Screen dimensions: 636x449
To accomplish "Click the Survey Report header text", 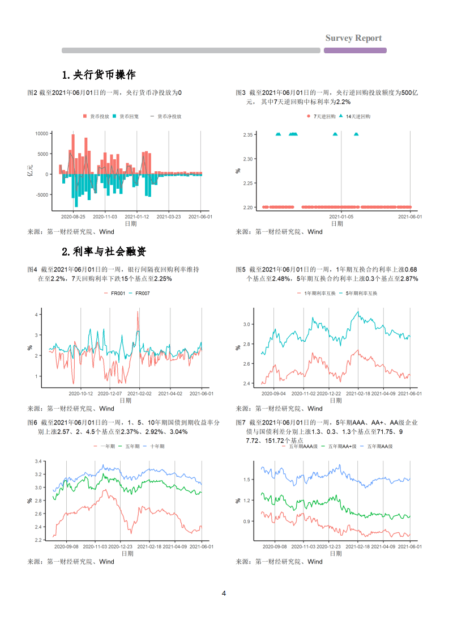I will click(x=353, y=38).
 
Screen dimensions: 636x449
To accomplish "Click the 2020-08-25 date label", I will click(x=73, y=217).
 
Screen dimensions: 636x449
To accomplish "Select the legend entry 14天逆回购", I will click(x=356, y=116).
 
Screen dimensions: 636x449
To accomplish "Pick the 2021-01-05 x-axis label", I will click(x=341, y=217).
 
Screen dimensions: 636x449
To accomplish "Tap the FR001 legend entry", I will click(x=117, y=293).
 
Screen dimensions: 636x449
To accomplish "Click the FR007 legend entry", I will click(x=142, y=293).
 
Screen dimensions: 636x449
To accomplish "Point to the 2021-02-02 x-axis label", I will click(x=138, y=393).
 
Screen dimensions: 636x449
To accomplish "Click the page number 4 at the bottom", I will click(x=224, y=593).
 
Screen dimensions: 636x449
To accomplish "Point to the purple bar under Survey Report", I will click(x=355, y=50).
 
